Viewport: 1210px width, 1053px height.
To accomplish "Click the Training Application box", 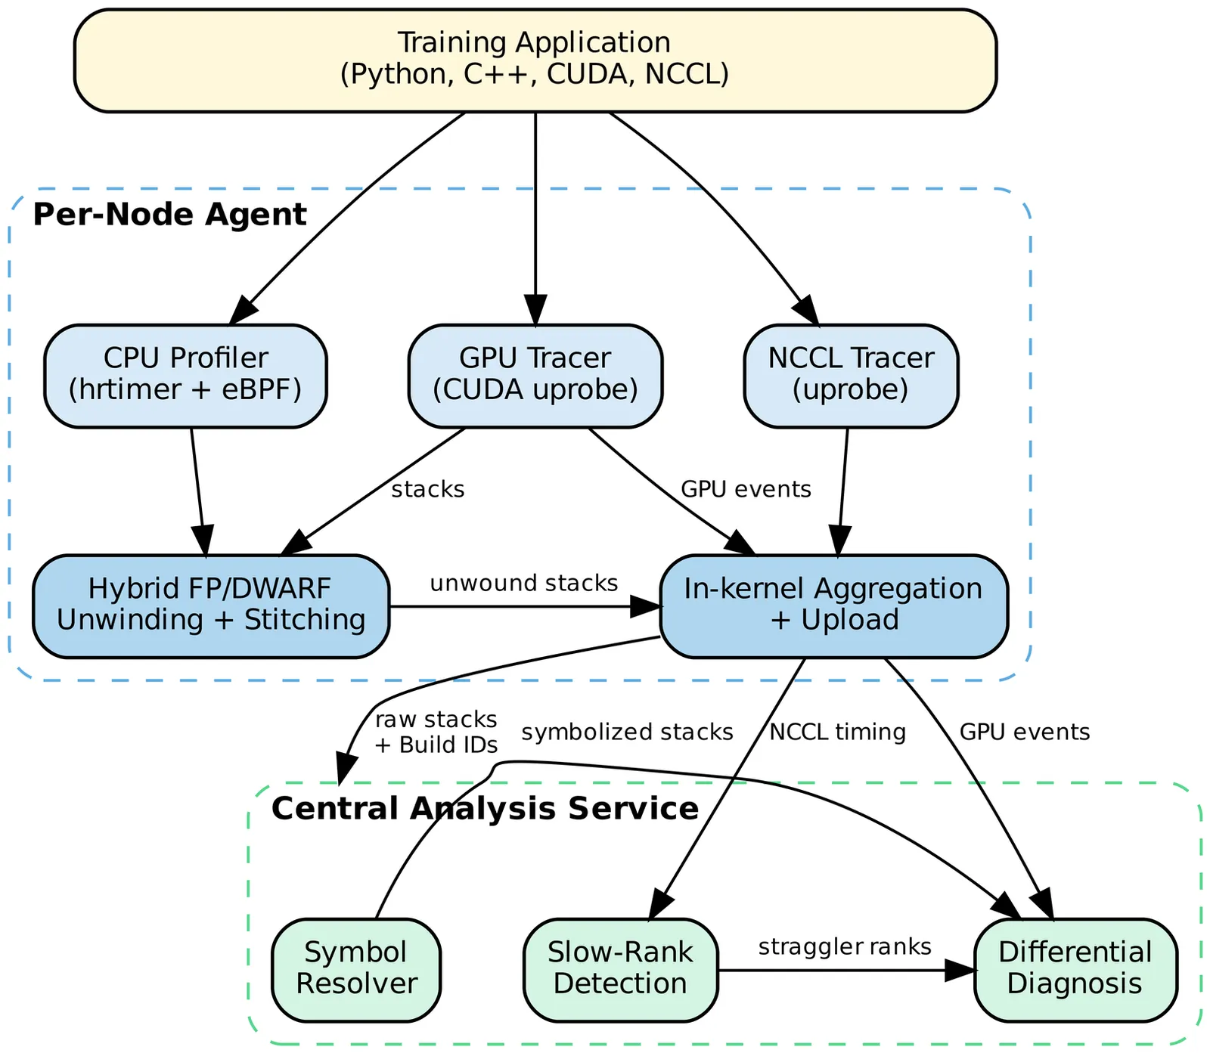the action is tap(535, 60).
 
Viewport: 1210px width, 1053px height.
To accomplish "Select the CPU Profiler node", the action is tap(185, 376).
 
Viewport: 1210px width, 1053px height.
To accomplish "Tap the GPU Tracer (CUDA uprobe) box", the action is tap(535, 376).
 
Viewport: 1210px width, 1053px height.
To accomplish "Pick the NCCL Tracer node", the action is tap(851, 376).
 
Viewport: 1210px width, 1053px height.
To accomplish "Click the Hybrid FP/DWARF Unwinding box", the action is tap(211, 606).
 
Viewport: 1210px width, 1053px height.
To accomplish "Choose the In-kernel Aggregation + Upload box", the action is tap(833, 606).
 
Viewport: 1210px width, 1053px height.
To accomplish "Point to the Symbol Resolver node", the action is tap(356, 970).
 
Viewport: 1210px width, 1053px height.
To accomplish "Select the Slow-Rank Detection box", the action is tap(620, 970).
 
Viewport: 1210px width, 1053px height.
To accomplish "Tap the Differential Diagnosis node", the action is tap(1075, 970).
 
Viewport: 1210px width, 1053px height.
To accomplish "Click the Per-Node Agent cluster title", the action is tap(170, 215).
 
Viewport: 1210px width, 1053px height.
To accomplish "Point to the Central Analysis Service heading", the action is tap(485, 809).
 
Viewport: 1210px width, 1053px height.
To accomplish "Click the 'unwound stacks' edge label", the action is tap(524, 584).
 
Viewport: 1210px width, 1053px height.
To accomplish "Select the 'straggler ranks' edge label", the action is tap(845, 947).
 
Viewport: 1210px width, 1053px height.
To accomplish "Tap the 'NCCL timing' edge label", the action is tap(837, 732).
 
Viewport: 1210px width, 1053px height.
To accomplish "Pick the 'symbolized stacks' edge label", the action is tap(627, 732).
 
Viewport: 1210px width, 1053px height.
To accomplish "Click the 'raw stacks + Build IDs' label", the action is tap(436, 732).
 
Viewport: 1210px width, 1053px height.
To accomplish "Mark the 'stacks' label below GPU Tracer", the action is tap(427, 490).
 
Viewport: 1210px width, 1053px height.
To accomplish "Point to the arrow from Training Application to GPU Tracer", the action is tap(535, 219).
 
